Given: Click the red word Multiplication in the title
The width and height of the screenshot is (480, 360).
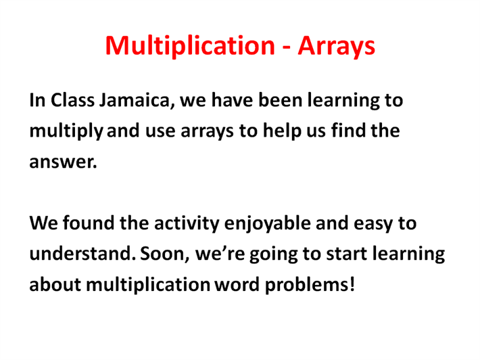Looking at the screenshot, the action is (190, 46).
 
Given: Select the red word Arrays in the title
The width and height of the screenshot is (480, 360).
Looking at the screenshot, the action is (336, 46).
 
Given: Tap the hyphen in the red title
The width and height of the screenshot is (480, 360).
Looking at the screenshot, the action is (286, 48).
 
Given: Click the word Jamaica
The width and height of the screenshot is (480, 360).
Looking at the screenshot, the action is (137, 101).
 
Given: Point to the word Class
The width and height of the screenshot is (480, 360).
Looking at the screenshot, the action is (72, 100).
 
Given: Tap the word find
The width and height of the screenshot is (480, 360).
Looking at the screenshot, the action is (348, 130).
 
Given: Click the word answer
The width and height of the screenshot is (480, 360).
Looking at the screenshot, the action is (63, 162).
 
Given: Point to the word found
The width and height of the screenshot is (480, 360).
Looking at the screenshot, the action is (89, 223).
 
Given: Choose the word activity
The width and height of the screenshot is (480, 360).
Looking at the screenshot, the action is (187, 224).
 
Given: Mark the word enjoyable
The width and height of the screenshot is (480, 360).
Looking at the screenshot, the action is (268, 224).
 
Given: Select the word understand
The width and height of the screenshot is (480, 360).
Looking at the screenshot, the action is (82, 254).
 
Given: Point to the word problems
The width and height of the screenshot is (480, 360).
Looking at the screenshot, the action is (306, 285).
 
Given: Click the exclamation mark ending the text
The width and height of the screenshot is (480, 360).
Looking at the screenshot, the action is (352, 284).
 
